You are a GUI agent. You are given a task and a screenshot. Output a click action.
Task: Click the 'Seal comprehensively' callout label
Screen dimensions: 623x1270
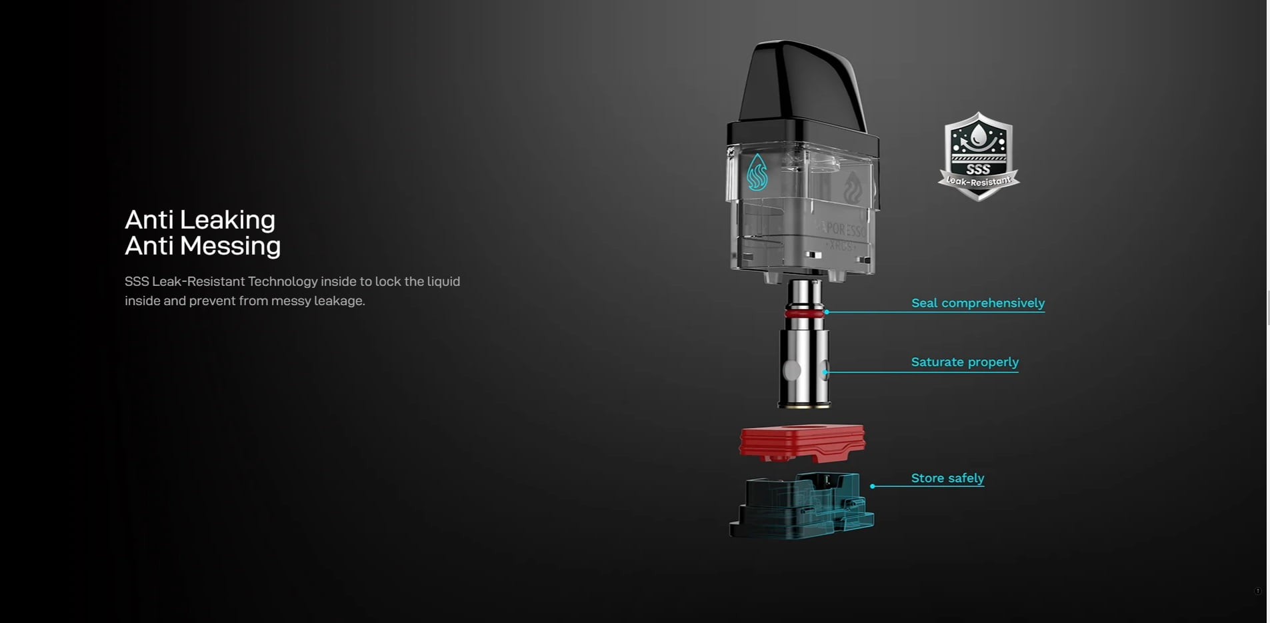977,303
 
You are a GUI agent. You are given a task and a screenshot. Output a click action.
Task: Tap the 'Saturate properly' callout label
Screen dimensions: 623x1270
964,362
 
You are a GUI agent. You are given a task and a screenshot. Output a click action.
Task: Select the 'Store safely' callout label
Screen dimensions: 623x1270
947,478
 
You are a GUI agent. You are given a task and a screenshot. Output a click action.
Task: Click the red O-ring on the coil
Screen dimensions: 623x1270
805,312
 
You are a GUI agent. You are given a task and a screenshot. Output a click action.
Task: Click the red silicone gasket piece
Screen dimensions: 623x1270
802,442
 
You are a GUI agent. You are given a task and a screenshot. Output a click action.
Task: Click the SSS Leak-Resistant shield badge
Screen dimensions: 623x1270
978,156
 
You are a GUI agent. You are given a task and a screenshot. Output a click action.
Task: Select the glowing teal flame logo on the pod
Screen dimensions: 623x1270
757,173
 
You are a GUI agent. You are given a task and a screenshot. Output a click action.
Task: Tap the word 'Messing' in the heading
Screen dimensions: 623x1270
230,246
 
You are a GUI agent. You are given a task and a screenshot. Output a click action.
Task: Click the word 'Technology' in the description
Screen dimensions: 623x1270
282,282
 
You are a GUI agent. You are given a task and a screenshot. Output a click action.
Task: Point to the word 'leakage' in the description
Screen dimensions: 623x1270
339,301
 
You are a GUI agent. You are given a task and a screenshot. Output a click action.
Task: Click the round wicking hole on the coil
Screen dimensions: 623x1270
791,370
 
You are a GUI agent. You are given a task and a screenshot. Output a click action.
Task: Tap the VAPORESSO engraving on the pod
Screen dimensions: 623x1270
844,231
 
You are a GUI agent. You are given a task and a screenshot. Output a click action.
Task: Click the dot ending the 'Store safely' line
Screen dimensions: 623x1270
873,486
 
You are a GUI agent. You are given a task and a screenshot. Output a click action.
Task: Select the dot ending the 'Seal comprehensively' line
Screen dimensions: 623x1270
827,312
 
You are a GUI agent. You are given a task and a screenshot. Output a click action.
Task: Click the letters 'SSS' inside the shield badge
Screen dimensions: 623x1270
978,169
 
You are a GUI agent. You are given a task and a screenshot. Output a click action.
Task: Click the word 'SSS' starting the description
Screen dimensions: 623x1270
137,282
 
